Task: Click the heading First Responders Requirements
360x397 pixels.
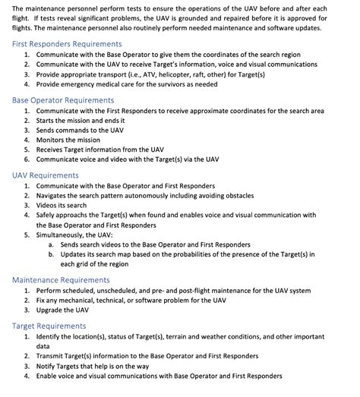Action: coord(67,44)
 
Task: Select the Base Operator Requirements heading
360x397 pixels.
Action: coord(63,99)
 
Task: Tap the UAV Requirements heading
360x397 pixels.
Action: coord(46,175)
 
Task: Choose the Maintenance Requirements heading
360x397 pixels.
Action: coord(61,279)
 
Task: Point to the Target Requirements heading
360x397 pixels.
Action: coord(49,325)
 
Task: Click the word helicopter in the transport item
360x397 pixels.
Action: coord(180,74)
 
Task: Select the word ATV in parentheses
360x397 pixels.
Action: coord(152,74)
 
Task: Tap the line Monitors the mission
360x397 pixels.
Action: coord(68,140)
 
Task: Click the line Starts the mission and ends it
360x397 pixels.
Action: coord(84,120)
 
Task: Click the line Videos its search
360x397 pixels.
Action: coord(65,205)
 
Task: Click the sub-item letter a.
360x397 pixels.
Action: coord(51,244)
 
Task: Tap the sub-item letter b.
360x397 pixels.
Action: coord(51,254)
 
